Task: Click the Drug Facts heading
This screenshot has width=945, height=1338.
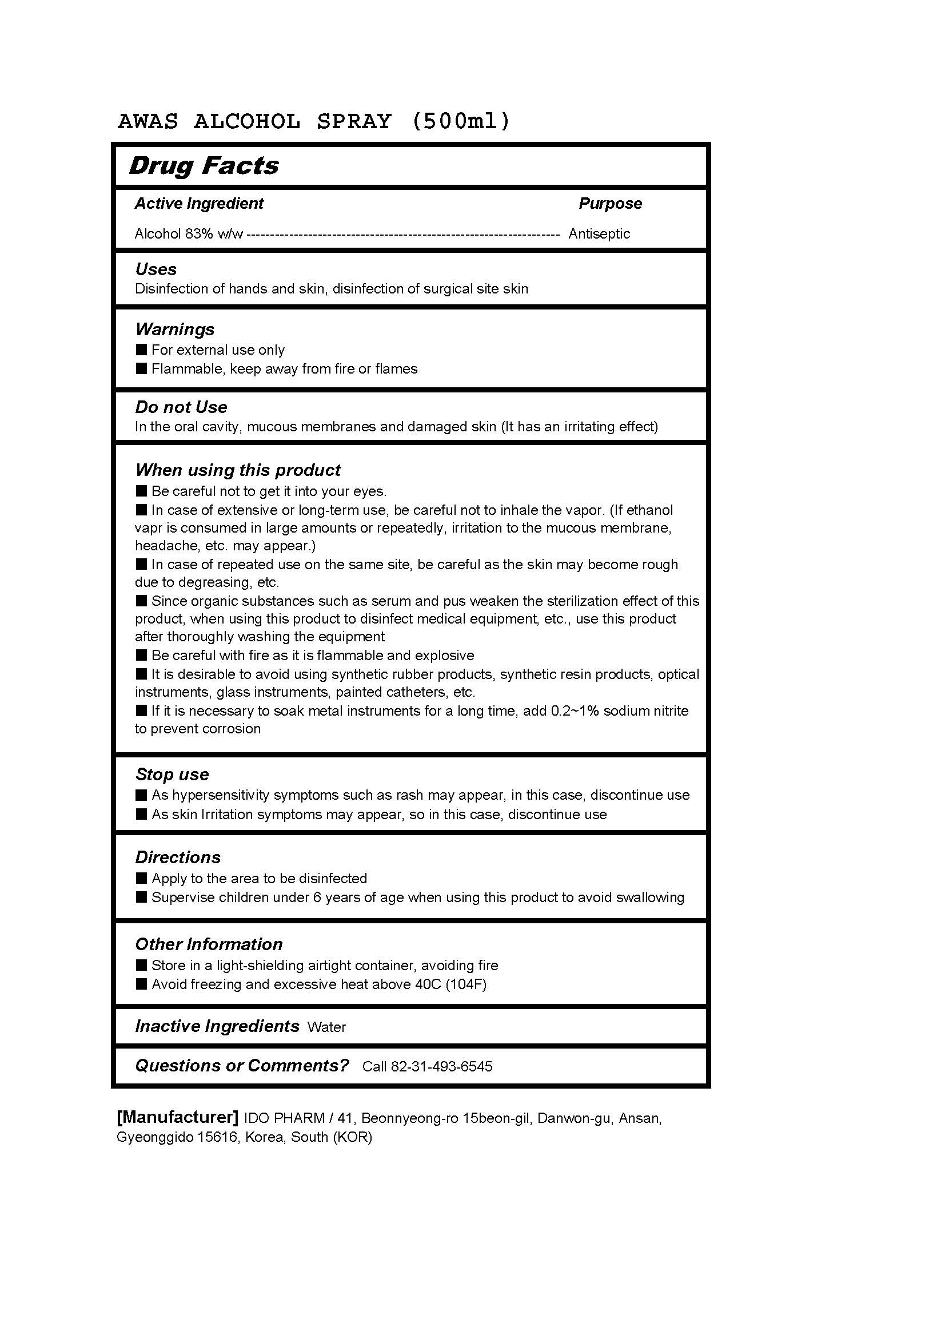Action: point(204,166)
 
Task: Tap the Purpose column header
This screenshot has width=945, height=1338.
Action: point(609,204)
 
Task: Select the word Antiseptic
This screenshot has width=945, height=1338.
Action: point(599,234)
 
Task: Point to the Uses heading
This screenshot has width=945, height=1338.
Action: point(156,269)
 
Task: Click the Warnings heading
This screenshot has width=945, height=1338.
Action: point(175,329)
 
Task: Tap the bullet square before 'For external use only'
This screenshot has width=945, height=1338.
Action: point(141,350)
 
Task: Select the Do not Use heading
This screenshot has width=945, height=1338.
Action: point(181,407)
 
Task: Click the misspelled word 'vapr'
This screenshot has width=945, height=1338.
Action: point(148,529)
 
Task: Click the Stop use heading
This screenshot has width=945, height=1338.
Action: point(172,775)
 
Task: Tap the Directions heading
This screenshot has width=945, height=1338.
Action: point(178,857)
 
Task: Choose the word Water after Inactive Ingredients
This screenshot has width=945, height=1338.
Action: point(326,1027)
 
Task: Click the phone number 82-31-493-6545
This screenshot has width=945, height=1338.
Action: point(441,1066)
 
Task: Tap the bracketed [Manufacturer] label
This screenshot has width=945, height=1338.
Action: point(178,1117)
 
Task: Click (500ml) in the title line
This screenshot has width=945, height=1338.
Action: point(461,121)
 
